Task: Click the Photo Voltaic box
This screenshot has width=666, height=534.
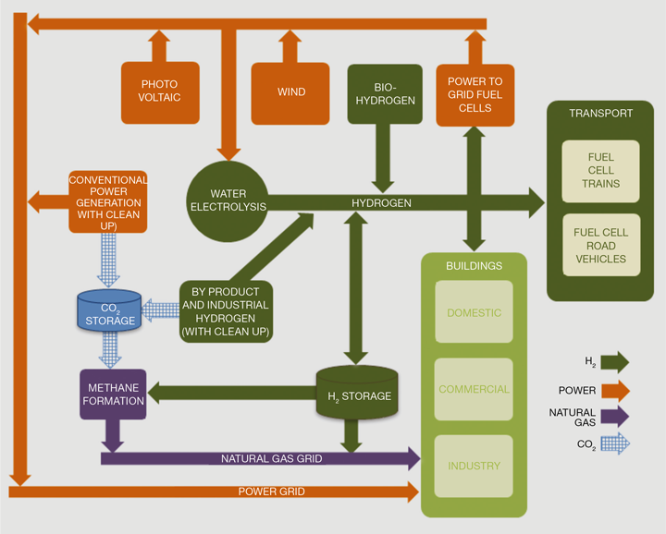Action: tap(160, 92)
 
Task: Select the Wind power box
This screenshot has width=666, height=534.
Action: tap(290, 92)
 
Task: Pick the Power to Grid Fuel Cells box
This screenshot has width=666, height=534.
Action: tap(475, 94)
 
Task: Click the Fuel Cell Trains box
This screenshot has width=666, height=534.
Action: tap(600, 171)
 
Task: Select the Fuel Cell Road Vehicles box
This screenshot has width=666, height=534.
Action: tap(600, 246)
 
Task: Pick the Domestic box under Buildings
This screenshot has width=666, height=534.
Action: tap(474, 312)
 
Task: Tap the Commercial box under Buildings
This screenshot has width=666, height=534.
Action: tap(474, 389)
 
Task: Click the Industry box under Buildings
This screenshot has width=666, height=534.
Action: tap(474, 466)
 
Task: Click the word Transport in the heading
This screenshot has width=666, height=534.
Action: tap(600, 114)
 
